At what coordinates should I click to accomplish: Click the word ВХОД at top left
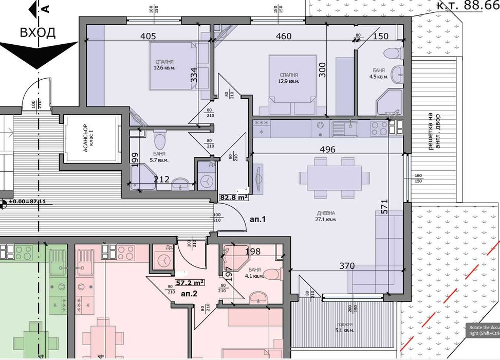point(38,32)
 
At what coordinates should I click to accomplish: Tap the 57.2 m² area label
point(190,282)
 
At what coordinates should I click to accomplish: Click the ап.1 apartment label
point(258,219)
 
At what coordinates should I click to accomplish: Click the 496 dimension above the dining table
point(327,150)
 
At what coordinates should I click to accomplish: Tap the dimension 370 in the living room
point(346,266)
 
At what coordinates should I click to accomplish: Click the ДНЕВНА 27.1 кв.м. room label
point(326,215)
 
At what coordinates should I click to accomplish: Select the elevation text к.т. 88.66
point(468,6)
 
